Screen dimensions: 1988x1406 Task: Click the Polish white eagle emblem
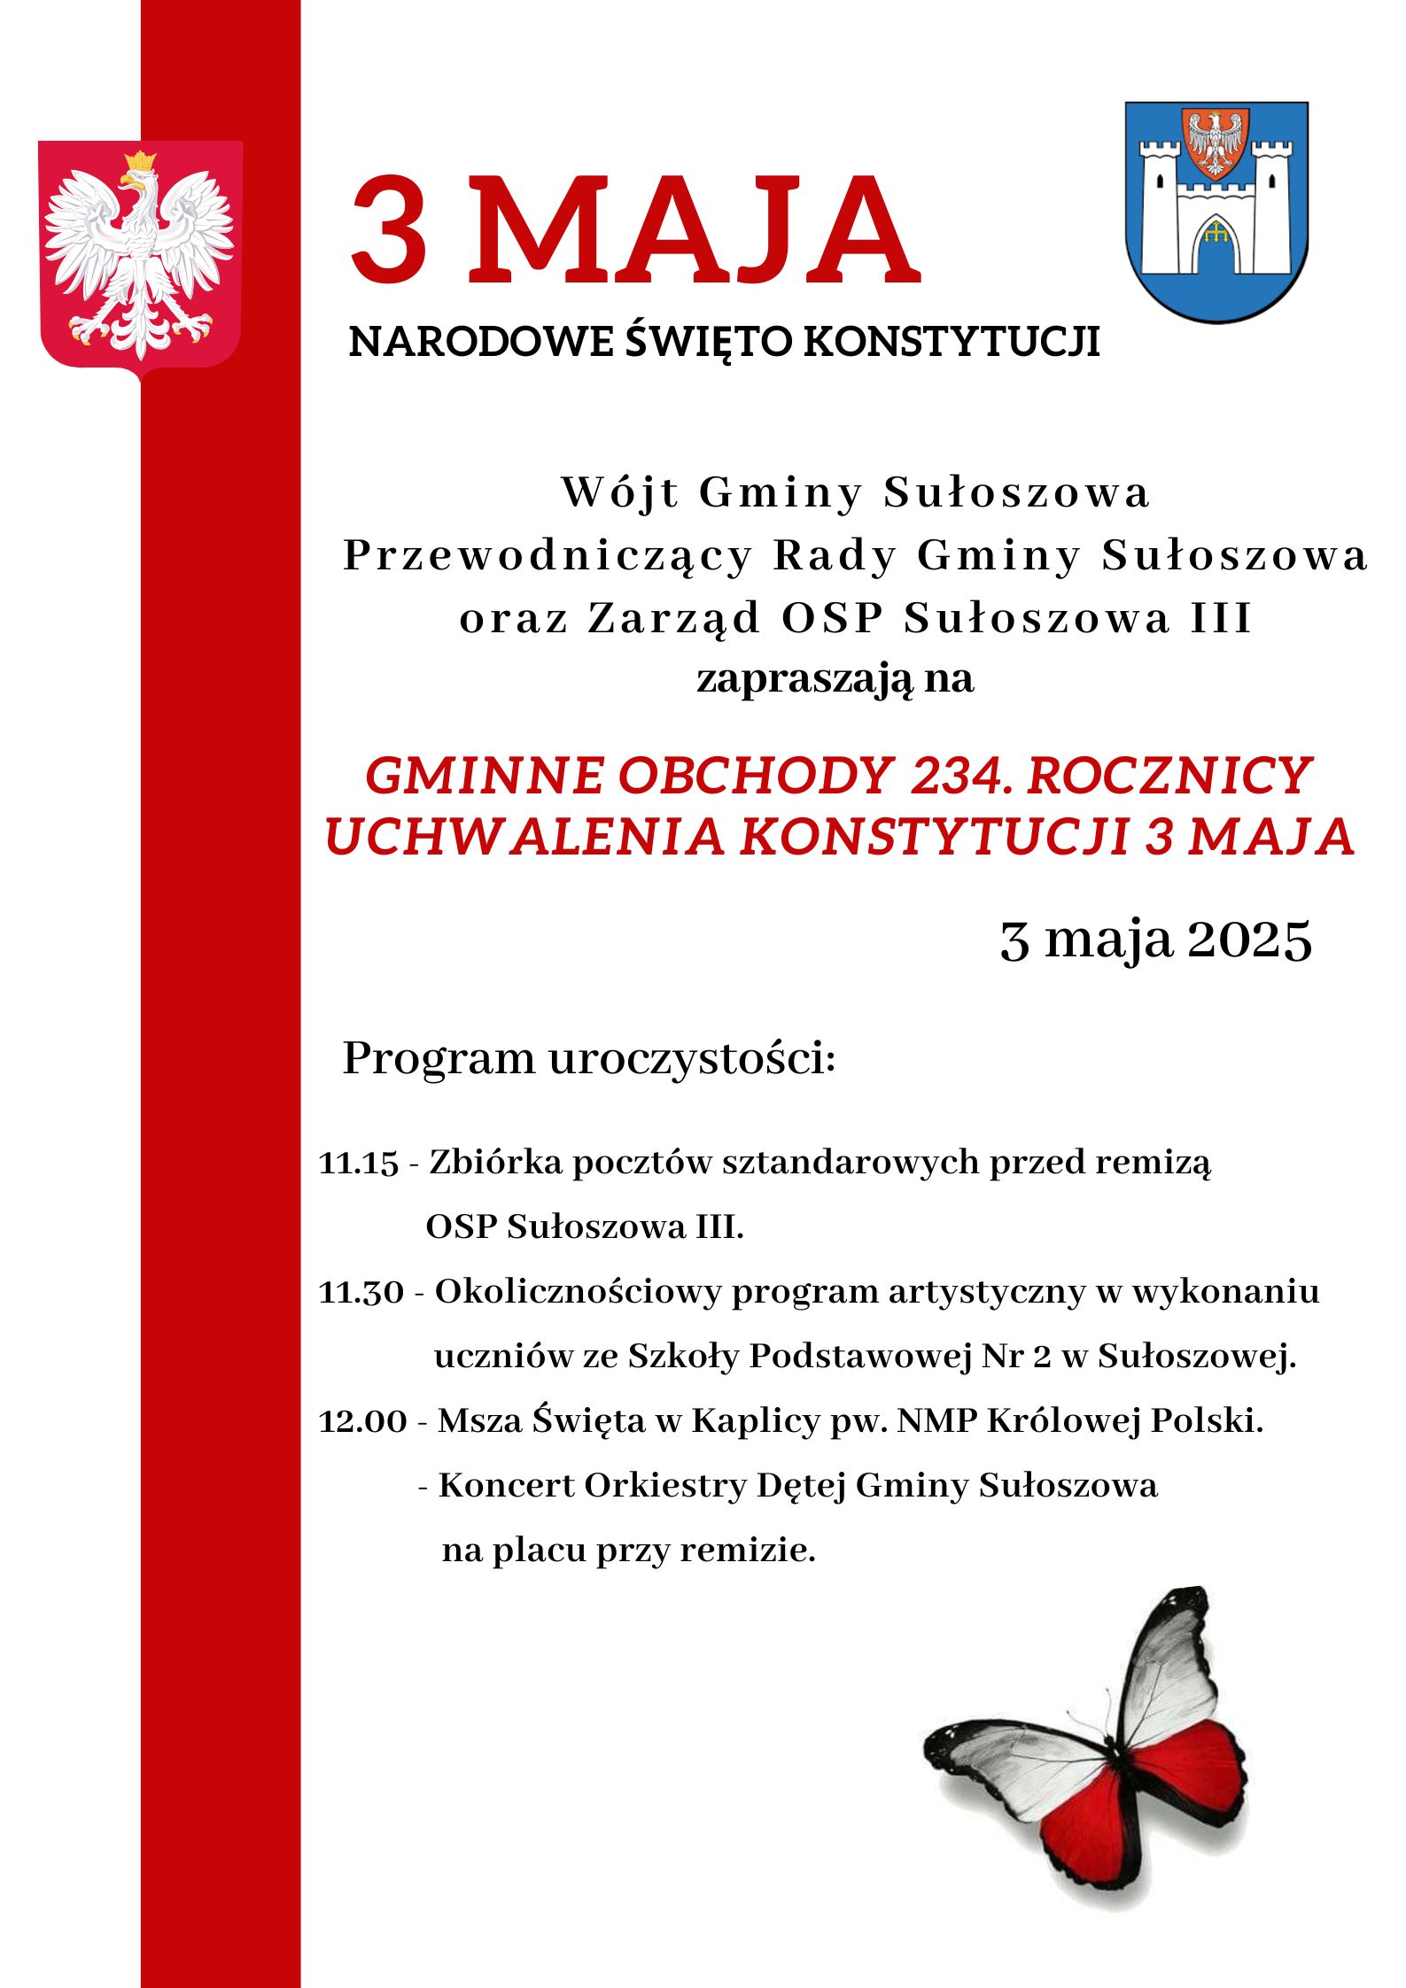coord(140,257)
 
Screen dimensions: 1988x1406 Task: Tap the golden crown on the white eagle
coord(140,162)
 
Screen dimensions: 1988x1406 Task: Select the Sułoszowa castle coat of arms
coord(1216,213)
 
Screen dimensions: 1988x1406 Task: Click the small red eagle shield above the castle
coord(1216,142)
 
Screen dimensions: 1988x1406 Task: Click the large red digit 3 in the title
coord(387,232)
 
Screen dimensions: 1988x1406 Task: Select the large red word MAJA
coord(695,232)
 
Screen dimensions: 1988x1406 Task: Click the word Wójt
coord(619,493)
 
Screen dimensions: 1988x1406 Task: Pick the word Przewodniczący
coord(547,557)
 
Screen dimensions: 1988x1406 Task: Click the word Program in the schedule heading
coord(439,1058)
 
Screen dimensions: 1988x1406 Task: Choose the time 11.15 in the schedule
coord(359,1163)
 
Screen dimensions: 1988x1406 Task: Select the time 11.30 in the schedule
coord(361,1292)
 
